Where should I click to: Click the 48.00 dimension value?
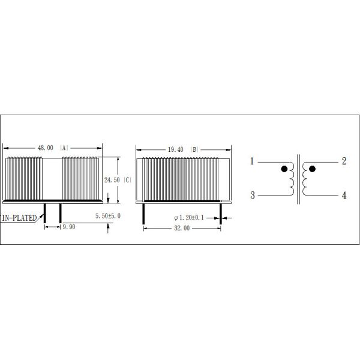pos(46,147)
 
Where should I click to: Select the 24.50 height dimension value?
pos(112,179)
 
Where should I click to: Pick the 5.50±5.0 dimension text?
pos(108,215)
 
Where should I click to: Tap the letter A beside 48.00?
pos(64,147)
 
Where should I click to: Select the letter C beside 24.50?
pos(128,179)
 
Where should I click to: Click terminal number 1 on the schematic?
pos(253,161)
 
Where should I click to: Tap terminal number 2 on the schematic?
pos(344,161)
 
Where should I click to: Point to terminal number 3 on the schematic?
pos(253,195)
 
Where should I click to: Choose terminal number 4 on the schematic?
pos(344,195)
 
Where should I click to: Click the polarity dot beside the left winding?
pos(284,169)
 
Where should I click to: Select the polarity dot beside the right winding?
pos(312,169)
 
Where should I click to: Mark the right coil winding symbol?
pos(305,178)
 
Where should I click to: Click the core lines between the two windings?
pos(298,178)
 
